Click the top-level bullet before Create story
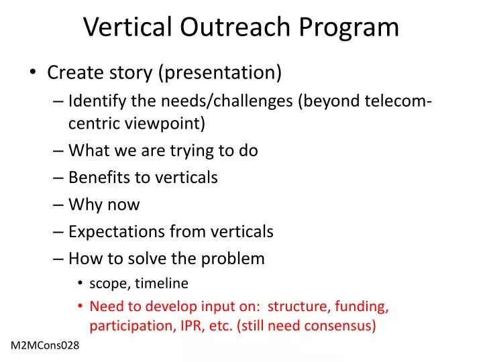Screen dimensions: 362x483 [x=34, y=73]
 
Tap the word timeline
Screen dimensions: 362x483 [x=162, y=284]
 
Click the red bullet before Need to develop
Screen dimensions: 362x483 [x=80, y=307]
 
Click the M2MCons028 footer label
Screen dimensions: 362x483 [x=45, y=346]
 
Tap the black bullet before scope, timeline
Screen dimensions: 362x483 [x=80, y=284]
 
